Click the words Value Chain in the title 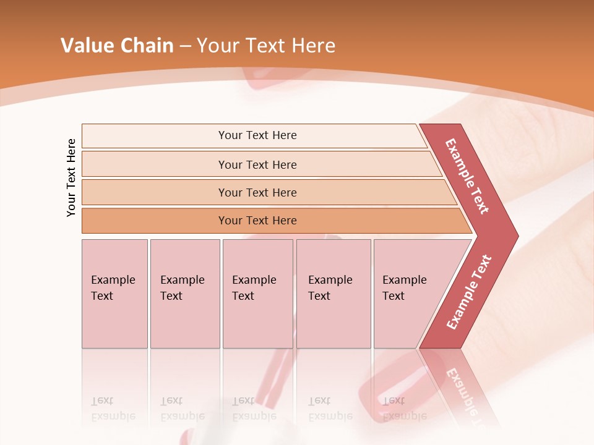click(x=117, y=46)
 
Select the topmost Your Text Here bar click(x=257, y=135)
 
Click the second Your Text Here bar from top click(x=257, y=164)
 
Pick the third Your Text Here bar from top click(x=257, y=192)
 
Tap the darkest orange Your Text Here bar click(x=257, y=221)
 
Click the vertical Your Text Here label click(x=71, y=177)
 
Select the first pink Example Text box click(x=114, y=294)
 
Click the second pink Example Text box click(x=184, y=294)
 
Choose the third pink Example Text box click(x=257, y=294)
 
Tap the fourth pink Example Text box click(x=333, y=294)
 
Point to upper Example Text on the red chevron click(x=467, y=176)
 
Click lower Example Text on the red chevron click(x=469, y=292)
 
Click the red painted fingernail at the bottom click(x=396, y=389)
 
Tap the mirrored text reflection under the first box click(x=113, y=409)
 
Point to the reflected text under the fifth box click(x=403, y=409)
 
